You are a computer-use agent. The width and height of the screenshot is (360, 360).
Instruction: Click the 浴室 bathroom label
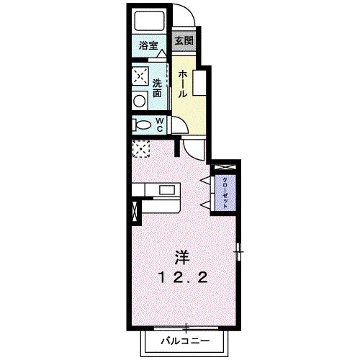148,45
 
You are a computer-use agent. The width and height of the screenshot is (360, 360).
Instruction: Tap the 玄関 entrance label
184,40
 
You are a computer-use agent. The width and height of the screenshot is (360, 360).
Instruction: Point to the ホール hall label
183,84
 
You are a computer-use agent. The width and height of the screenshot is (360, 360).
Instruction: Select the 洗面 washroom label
157,88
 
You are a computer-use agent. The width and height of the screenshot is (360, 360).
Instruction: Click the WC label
160,125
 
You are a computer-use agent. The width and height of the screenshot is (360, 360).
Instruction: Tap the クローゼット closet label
225,193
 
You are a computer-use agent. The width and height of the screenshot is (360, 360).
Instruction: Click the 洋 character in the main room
182,258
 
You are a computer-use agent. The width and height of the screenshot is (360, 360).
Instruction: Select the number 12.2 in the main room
183,278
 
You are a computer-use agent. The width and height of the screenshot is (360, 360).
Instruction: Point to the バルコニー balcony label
185,341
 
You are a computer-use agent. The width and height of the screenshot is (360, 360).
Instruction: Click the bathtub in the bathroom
150,21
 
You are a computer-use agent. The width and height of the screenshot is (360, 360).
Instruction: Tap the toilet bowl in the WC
142,125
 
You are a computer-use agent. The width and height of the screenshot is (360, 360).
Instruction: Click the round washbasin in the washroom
140,101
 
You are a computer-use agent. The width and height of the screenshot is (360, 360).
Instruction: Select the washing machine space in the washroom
140,76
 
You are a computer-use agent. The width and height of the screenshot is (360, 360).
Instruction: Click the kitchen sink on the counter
167,190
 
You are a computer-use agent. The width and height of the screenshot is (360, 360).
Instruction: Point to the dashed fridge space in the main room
141,149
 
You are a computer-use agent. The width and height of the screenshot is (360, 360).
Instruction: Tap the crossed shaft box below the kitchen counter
135,211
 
